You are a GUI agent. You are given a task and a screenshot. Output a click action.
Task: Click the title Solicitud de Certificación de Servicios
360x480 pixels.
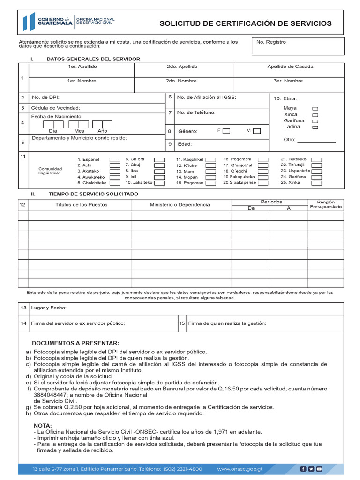246,23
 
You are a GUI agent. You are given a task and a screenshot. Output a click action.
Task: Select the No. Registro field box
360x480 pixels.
298,46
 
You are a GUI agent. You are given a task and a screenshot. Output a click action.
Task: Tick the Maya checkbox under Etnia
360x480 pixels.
315,109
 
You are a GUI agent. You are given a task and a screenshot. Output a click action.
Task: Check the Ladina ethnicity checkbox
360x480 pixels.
315,127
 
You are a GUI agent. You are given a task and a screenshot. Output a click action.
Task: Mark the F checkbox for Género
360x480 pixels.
226,131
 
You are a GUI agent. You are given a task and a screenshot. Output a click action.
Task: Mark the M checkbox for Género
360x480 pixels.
256,131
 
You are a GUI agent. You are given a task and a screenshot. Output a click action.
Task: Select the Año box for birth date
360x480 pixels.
102,125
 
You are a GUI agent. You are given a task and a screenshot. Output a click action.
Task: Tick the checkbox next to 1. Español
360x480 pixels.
114,160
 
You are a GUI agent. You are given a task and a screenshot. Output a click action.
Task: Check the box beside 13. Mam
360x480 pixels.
211,172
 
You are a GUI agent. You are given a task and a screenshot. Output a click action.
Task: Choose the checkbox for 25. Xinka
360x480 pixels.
317,182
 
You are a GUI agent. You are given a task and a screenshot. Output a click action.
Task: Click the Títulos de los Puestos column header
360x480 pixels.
81,205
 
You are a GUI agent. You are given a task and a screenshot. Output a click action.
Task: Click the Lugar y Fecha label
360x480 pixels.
49,308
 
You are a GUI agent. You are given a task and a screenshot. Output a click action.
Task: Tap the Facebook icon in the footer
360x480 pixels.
303,469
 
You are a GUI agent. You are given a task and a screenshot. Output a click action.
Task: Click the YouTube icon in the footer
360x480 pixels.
319,469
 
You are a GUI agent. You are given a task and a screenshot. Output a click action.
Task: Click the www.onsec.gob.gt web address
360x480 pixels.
240,469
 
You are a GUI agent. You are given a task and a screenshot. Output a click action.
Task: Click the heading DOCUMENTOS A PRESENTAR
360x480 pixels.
75,343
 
